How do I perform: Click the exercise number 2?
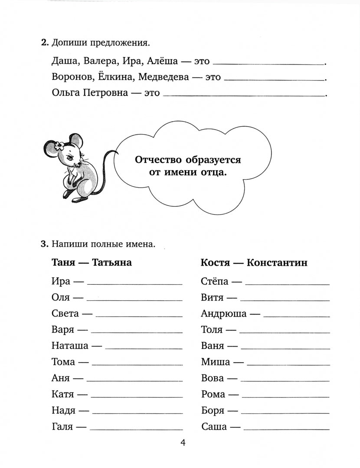(x=43, y=43)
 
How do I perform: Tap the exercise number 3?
(x=43, y=244)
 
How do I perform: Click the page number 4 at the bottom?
(x=183, y=442)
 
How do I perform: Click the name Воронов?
(x=71, y=77)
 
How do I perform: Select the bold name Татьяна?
(x=112, y=263)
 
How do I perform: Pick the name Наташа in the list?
(x=70, y=346)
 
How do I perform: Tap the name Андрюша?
(x=224, y=314)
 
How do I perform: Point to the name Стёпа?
(x=215, y=282)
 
